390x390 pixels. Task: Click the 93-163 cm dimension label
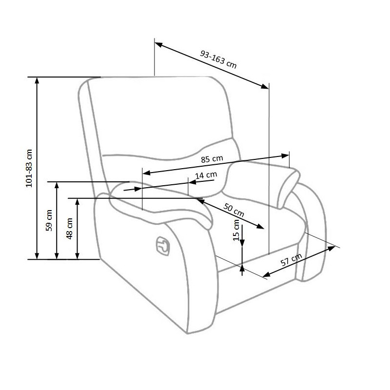218,59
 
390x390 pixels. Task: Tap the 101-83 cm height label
29,168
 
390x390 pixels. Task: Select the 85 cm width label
212,159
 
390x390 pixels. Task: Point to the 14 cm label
206,175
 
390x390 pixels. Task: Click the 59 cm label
49,220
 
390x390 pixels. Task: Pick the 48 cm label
69,229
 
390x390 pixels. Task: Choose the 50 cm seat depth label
234,210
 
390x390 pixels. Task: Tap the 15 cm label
236,230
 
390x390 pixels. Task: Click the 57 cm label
291,260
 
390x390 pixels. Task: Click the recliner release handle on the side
163,246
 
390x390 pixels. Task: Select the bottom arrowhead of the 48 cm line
78,255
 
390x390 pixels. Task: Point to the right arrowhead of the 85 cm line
285,156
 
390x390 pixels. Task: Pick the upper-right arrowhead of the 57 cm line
331,248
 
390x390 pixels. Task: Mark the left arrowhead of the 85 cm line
147,173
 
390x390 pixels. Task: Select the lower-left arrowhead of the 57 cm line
267,274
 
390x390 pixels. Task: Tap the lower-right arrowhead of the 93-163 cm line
264,86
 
